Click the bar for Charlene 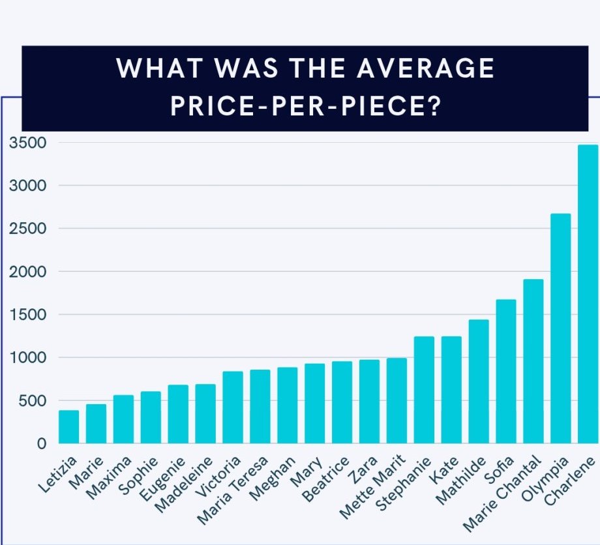tap(588, 294)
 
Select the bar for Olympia tap(561, 329)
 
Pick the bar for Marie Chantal tap(533, 361)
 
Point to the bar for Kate tap(451, 390)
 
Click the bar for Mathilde tap(478, 381)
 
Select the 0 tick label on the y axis tap(42, 444)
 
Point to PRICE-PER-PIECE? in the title tap(303, 106)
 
